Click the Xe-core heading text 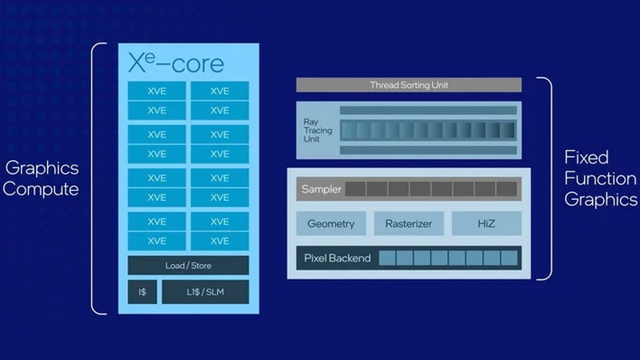pyautogui.click(x=176, y=62)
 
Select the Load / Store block pyautogui.click(x=188, y=265)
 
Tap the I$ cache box pyautogui.click(x=142, y=292)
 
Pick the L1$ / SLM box pyautogui.click(x=206, y=292)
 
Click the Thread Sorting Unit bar pyautogui.click(x=408, y=85)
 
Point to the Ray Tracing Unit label pyautogui.click(x=314, y=130)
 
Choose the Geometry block pyautogui.click(x=330, y=224)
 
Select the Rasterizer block pyautogui.click(x=408, y=224)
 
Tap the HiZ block pyautogui.click(x=486, y=224)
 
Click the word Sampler pyautogui.click(x=321, y=190)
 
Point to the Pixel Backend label pyautogui.click(x=337, y=258)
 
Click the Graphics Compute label pyautogui.click(x=42, y=178)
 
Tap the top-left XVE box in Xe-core pyautogui.click(x=157, y=91)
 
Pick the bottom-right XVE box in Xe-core pyautogui.click(x=219, y=240)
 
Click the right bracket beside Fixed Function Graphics pyautogui.click(x=548, y=178)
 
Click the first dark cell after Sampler pyautogui.click(x=356, y=190)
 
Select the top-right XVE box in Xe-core pyautogui.click(x=219, y=91)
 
